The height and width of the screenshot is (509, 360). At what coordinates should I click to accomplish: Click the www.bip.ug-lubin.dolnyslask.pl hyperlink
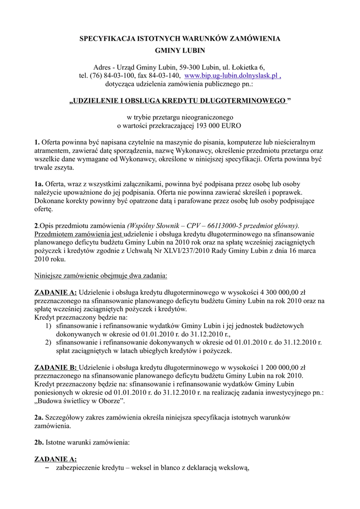coord(232,76)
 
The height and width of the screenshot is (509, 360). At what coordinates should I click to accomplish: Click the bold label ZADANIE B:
coord(55,367)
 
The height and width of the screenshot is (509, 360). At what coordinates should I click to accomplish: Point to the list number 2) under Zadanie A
coord(48,342)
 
